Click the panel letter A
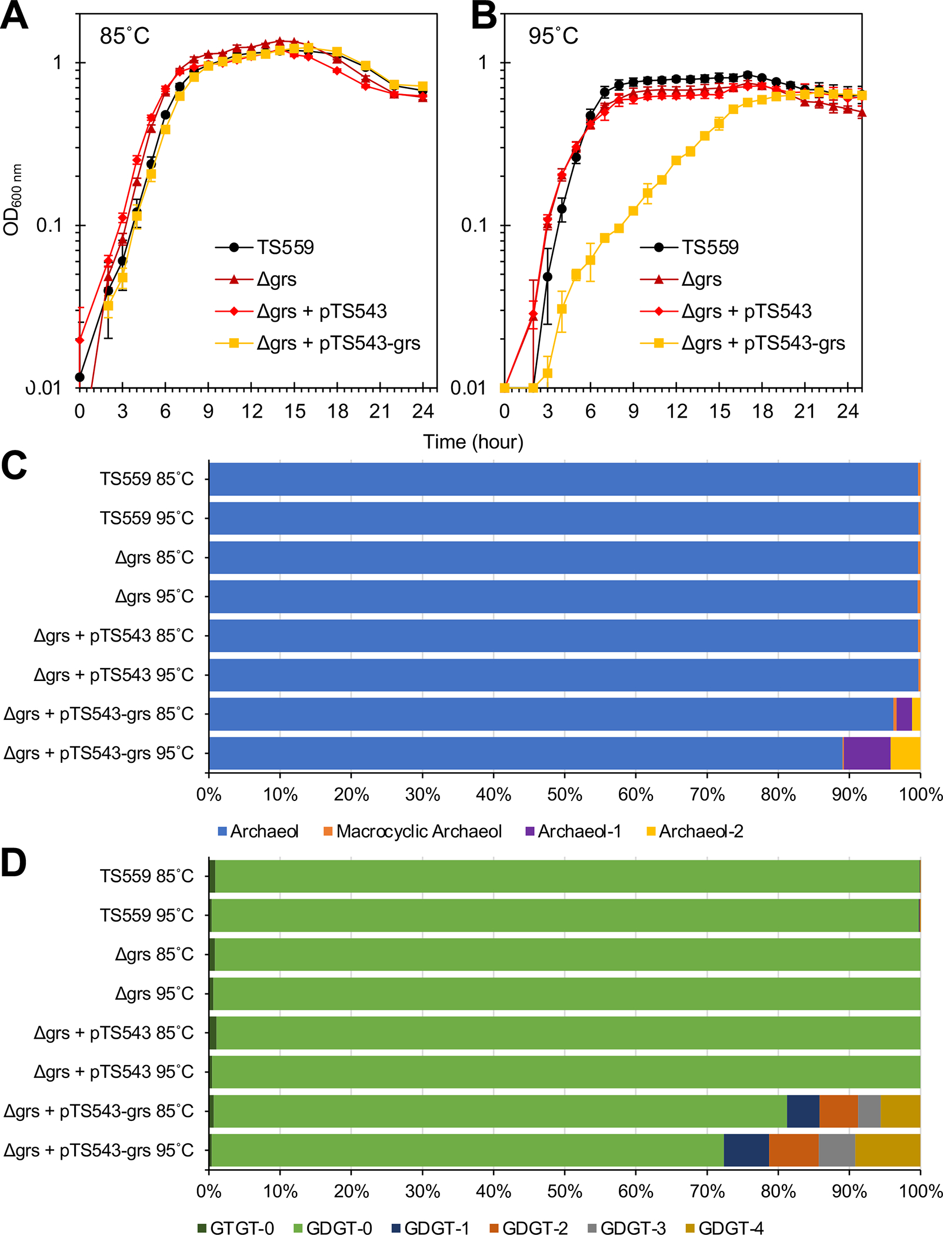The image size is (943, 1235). [x=14, y=16]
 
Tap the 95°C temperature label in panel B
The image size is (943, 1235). [x=552, y=36]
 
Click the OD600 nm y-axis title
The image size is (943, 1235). [x=12, y=200]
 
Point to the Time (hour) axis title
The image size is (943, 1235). [x=473, y=442]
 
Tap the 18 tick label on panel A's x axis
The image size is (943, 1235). [x=338, y=412]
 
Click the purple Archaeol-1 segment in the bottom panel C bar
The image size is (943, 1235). [x=867, y=753]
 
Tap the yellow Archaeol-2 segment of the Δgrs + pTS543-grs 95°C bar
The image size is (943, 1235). [x=905, y=753]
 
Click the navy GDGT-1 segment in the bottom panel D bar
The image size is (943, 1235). [x=746, y=1150]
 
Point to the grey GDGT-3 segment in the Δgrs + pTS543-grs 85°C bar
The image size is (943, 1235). [x=869, y=1111]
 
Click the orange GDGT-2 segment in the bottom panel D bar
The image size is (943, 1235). [x=794, y=1150]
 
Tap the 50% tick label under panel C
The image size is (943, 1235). [x=564, y=795]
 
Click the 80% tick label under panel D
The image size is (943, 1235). [x=778, y=1192]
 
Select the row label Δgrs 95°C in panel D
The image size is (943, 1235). [x=154, y=994]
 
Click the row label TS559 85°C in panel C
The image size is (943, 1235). [x=146, y=479]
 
